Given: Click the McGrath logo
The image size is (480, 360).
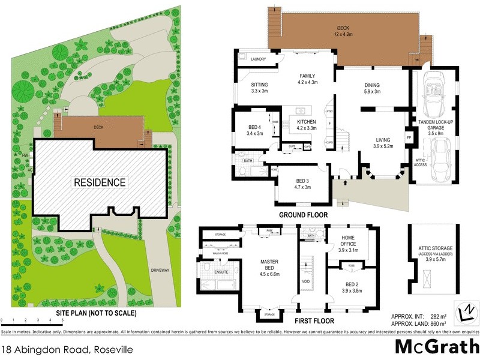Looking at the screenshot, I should click(436, 346).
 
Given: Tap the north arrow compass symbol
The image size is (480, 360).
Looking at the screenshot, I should click(466, 310).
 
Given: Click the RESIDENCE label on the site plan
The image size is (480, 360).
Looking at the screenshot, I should click(100, 182).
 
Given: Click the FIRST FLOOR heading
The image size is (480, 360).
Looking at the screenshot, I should click(314, 320).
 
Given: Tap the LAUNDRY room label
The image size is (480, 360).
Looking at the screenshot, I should click(259, 59).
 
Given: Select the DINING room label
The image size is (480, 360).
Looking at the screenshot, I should click(372, 85).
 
